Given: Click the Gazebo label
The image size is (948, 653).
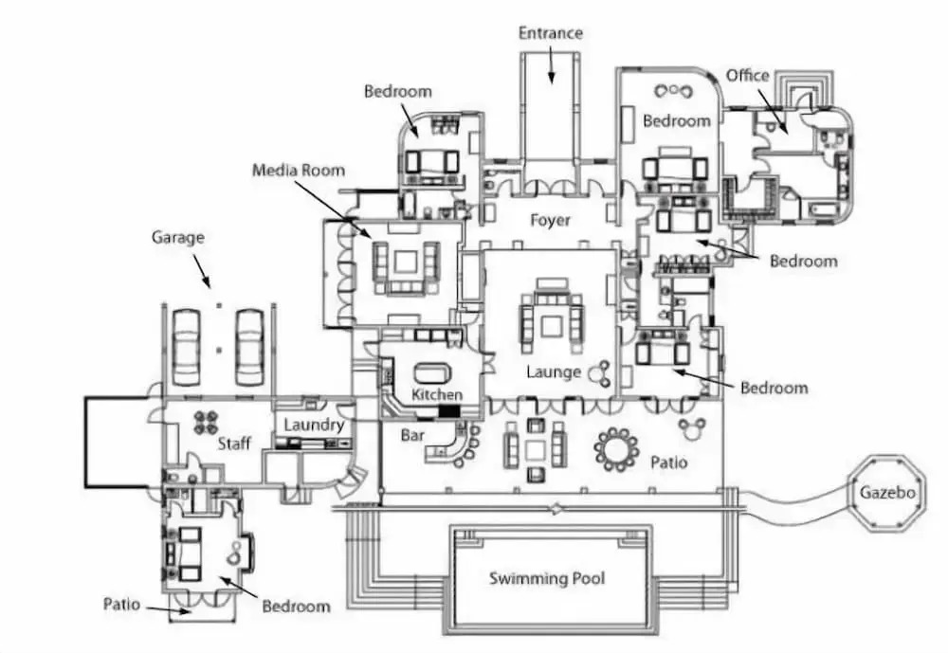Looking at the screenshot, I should click(x=888, y=494).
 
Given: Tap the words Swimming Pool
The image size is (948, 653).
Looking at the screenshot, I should click(x=546, y=578).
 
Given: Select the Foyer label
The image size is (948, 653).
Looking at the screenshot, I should click(x=550, y=220).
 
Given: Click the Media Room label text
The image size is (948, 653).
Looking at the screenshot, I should click(x=299, y=171).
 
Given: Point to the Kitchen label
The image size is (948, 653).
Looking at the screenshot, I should click(x=437, y=394).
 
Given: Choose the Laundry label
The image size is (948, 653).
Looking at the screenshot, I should click(x=313, y=425).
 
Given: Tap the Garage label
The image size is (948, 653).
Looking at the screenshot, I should click(x=177, y=238).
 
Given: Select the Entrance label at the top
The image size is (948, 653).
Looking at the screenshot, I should click(x=550, y=33).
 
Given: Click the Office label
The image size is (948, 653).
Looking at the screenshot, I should click(x=747, y=76).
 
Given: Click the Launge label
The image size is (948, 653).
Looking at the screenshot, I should click(x=554, y=372).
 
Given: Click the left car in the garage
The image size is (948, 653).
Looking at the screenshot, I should click(x=185, y=345).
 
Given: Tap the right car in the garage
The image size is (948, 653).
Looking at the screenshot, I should click(x=248, y=345).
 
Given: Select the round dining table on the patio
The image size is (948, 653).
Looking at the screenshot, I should click(x=618, y=449).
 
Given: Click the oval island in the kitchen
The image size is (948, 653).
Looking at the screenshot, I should click(x=434, y=371).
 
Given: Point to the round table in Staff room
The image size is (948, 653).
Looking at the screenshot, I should click(x=208, y=422).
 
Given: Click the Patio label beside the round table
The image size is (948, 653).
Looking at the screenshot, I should click(x=668, y=463).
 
